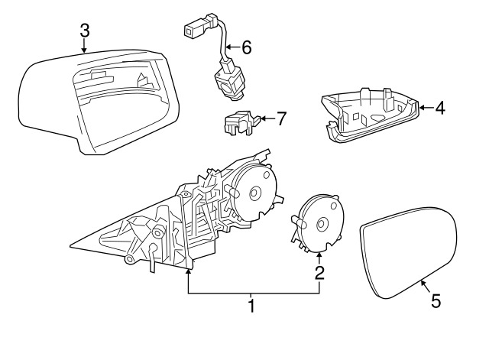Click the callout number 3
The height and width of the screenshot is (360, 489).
[85, 31]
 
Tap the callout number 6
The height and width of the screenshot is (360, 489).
[246, 47]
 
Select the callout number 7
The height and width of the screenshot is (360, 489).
[281, 118]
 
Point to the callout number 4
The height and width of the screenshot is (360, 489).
[440, 108]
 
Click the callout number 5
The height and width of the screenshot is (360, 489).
[436, 301]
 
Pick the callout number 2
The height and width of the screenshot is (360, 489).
[319, 273]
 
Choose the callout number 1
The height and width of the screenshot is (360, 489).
[251, 306]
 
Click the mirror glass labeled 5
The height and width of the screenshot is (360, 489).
[409, 252]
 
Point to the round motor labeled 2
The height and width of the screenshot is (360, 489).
[318, 222]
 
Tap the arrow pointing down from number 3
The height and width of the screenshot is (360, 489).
[83, 45]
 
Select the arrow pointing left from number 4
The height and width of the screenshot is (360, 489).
[426, 108]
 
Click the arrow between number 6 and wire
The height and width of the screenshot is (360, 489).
[233, 47]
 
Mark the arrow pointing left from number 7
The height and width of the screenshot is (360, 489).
[267, 118]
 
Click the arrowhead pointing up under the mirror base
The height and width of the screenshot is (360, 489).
[188, 271]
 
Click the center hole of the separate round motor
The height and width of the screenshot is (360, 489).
[322, 224]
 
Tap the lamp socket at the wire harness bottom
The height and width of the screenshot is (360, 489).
[226, 81]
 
